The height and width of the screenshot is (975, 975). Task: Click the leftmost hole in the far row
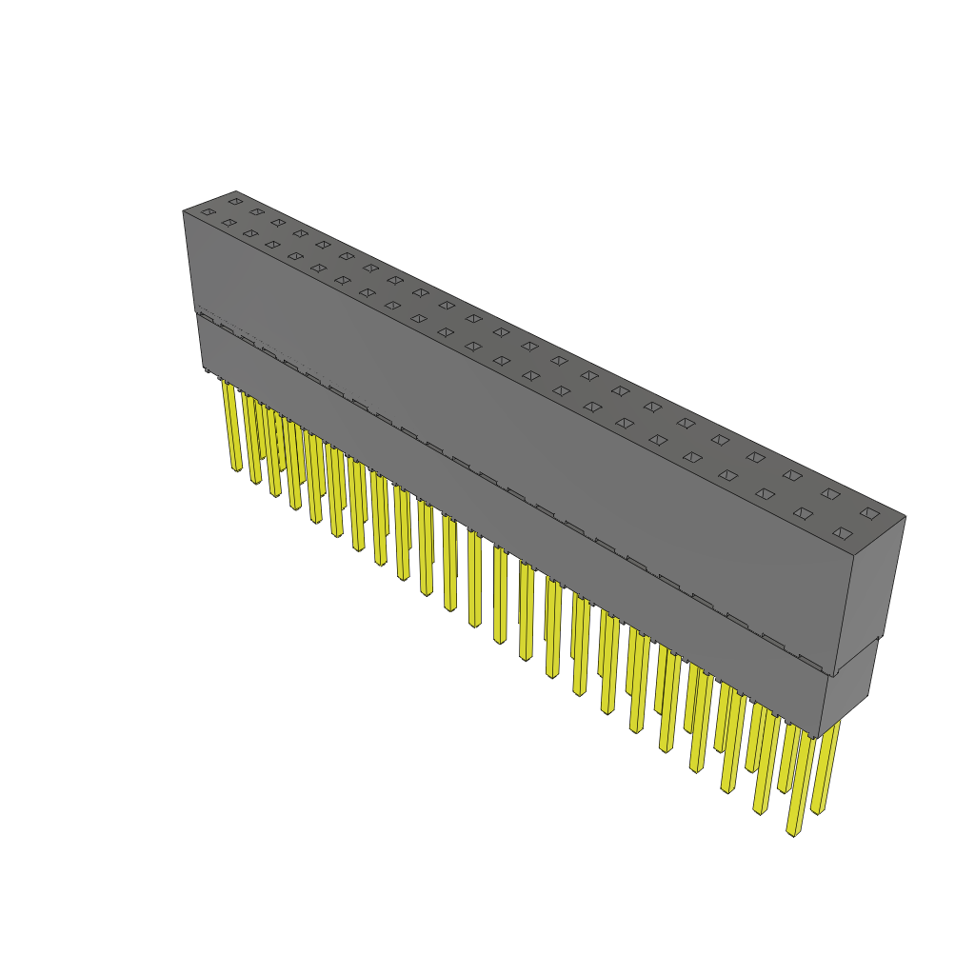pos(235,201)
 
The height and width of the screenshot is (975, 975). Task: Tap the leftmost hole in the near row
pos(208,211)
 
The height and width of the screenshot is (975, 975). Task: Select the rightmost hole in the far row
pos(869,512)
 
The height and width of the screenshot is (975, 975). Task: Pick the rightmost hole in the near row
pos(842,533)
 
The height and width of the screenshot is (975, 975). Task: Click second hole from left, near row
pos(229,222)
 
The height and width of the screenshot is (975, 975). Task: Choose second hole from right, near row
pos(804,513)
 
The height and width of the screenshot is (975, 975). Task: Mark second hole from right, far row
pos(831,493)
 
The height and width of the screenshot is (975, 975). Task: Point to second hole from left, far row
pos(257,211)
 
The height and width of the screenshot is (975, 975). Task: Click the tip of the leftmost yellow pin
pos(235,468)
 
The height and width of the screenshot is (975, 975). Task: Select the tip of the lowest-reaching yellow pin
pos(792,833)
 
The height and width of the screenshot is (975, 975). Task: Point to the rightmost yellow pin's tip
pos(817,811)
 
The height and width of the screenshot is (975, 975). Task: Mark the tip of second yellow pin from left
pos(255,481)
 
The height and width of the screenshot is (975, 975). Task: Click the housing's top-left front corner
pos(183,210)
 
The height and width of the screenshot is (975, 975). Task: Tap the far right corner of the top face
pos(905,517)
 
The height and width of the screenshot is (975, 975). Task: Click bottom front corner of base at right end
pos(819,738)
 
